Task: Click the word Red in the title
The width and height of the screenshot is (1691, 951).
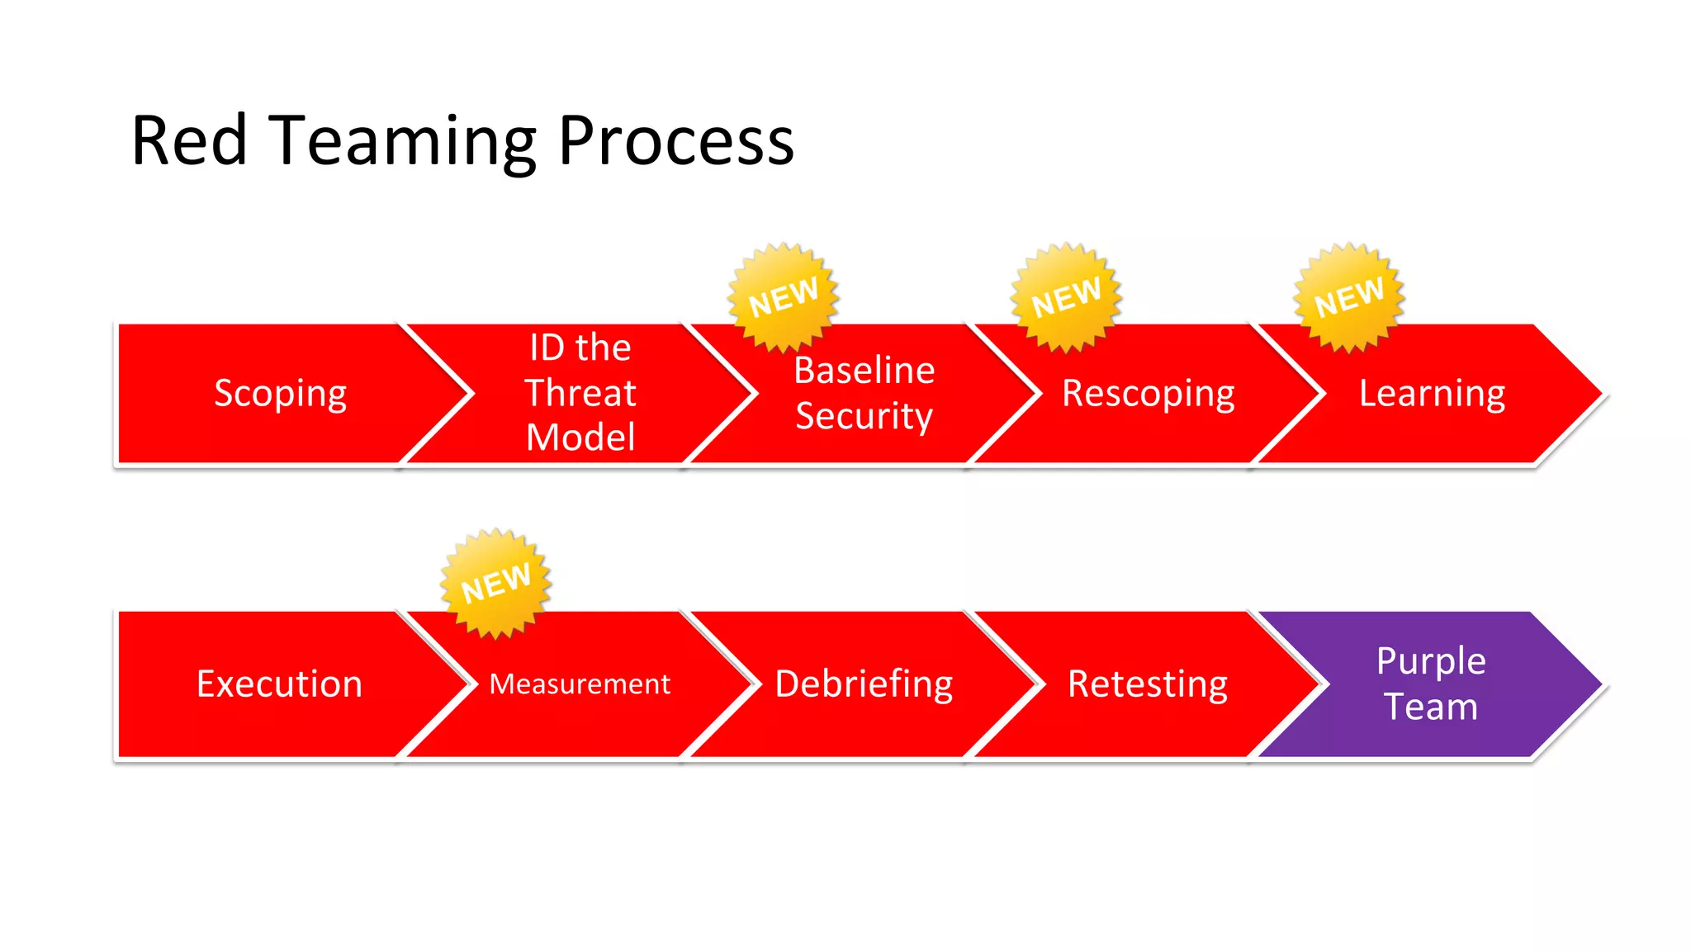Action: (x=189, y=141)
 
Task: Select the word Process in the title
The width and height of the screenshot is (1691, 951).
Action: (x=675, y=141)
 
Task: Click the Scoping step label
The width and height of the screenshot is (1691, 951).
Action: (x=280, y=394)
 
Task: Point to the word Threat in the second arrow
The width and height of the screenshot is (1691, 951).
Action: (x=580, y=393)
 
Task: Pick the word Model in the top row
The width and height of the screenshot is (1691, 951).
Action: (x=580, y=438)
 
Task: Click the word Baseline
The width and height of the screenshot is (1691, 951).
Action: (x=864, y=371)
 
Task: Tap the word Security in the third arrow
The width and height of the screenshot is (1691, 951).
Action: (x=864, y=416)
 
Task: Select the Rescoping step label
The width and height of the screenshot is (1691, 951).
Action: (x=1148, y=394)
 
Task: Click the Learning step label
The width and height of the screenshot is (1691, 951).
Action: (x=1432, y=394)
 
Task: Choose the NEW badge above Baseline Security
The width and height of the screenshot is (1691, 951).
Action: (x=783, y=297)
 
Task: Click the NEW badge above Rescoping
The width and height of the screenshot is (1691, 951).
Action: (x=1066, y=297)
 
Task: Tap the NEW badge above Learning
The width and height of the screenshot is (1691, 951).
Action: (x=1348, y=297)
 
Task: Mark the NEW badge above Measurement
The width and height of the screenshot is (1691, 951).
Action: (x=495, y=583)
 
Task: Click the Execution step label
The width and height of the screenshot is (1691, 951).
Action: (x=279, y=684)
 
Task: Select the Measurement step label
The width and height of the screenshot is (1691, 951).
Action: (x=580, y=684)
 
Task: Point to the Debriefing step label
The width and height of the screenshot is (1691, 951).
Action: (x=864, y=684)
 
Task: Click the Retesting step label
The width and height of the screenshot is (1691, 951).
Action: (x=1148, y=684)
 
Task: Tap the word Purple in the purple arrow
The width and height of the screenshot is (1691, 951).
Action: (x=1431, y=662)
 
